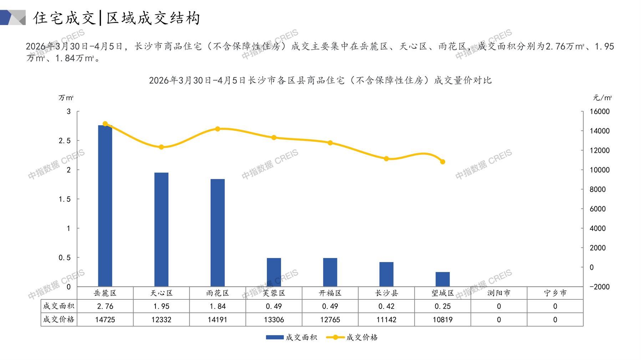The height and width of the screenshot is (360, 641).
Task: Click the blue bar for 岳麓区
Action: (x=105, y=206)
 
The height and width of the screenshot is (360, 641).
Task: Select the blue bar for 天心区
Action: (x=161, y=230)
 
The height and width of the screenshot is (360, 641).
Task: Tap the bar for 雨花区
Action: (x=218, y=232)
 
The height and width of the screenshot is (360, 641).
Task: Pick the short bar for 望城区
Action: (x=442, y=279)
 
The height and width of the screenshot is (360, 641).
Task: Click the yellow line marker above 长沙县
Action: (x=386, y=159)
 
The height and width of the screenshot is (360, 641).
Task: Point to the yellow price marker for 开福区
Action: (x=330, y=143)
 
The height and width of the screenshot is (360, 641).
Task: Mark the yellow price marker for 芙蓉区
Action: (x=274, y=138)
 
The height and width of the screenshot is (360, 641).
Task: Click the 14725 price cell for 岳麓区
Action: (x=105, y=320)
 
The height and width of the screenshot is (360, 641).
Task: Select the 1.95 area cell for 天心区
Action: (x=161, y=306)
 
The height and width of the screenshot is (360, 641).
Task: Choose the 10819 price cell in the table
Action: (x=442, y=320)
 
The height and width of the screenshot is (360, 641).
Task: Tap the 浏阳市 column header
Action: (x=499, y=293)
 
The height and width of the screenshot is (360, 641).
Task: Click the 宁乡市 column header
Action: (x=555, y=293)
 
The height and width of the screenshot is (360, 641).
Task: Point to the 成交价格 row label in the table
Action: (x=58, y=319)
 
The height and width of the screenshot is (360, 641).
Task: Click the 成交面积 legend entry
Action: (x=291, y=337)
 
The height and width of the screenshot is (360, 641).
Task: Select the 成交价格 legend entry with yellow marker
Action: (x=352, y=337)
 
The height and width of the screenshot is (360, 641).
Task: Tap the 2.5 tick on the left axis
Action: (x=65, y=141)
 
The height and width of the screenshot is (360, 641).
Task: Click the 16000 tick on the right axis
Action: (x=600, y=112)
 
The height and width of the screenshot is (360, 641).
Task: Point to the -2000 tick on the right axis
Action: (x=600, y=287)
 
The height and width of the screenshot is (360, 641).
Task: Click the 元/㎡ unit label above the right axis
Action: (x=602, y=98)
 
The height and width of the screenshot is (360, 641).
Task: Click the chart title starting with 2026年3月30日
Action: (x=320, y=80)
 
